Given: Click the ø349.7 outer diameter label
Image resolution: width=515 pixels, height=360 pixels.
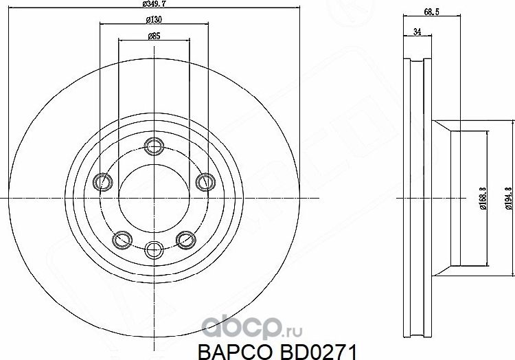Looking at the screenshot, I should (154, 3).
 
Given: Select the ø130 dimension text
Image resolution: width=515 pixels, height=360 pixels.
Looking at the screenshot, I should (153, 19).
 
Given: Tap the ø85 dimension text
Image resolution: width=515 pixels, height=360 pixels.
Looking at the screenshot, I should (153, 36).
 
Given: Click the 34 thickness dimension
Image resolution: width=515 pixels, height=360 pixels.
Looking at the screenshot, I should (416, 32).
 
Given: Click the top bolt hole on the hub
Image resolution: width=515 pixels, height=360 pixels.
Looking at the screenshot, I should (153, 145).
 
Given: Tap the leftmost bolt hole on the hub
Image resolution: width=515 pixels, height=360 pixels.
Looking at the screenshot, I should (102, 182).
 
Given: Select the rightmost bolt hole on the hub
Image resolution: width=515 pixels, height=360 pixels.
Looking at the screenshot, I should (204, 182).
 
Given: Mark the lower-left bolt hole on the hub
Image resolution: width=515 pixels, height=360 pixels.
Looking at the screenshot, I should (122, 238).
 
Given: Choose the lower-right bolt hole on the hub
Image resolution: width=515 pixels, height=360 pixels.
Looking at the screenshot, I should (184, 238).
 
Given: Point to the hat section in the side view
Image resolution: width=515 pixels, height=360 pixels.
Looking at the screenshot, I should (467, 196).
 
